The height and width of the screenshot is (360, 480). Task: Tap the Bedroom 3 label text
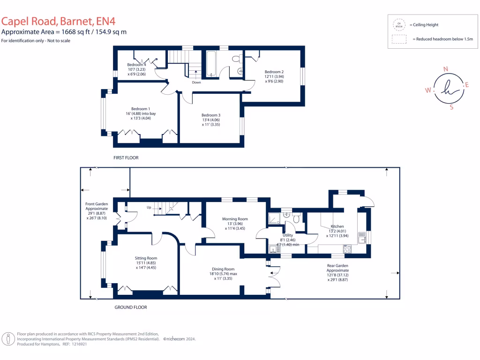[x=211, y=115]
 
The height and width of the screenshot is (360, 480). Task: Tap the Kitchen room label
[x=337, y=226]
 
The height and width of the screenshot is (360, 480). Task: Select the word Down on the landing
[x=196, y=82]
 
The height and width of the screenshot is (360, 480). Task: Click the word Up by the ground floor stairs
[x=150, y=207]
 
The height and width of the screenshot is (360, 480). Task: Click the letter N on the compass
[x=445, y=69]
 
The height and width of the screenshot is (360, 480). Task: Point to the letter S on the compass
[x=451, y=107]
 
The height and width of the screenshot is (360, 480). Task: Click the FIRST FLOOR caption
[x=126, y=158]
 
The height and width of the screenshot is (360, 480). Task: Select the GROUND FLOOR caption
[x=131, y=307]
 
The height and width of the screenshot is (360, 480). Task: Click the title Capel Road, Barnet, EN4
[x=58, y=21]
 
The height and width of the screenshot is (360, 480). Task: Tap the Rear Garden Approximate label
[x=337, y=270]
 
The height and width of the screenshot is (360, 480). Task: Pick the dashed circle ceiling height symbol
[x=399, y=24]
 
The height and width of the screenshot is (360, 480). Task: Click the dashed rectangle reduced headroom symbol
[x=399, y=40]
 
